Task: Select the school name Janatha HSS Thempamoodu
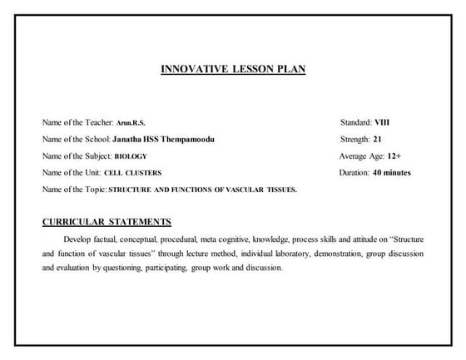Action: [x=162, y=140]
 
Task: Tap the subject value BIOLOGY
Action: [x=130, y=156]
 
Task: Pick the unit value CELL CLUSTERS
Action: [x=133, y=173]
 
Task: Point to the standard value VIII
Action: [x=382, y=122]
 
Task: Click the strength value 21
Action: [x=378, y=139]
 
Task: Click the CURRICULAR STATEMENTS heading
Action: [x=107, y=222]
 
